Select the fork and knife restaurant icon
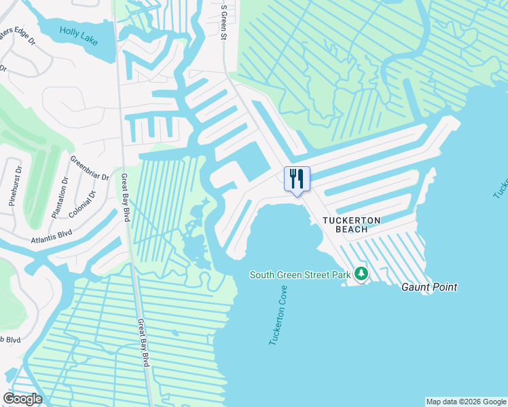click(x=297, y=179)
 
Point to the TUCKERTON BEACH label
click(x=351, y=225)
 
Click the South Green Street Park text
click(x=300, y=275)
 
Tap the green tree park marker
click(x=361, y=274)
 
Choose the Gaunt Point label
click(x=429, y=287)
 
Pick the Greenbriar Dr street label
click(x=89, y=168)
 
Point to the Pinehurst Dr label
click(x=15, y=185)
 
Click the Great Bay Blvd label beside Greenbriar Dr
click(x=126, y=197)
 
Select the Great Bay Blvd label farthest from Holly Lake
click(x=143, y=343)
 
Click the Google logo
click(x=22, y=399)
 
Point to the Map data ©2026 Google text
click(x=465, y=402)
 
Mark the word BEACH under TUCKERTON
click(x=351, y=229)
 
